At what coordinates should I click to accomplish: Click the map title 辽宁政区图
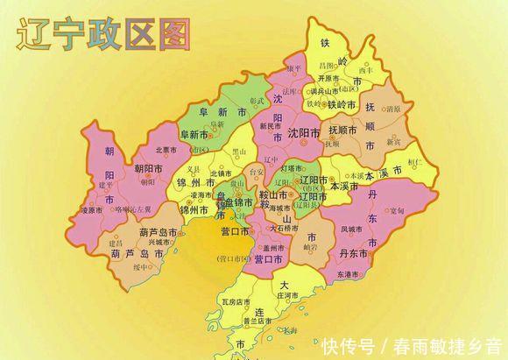tap(103, 36)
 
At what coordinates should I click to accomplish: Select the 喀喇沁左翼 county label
tap(133, 210)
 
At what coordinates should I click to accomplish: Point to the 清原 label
tap(392, 109)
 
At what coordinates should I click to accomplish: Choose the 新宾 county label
tap(393, 141)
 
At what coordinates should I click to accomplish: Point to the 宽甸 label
tap(397, 211)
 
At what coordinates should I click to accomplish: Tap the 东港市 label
tap(348, 274)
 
